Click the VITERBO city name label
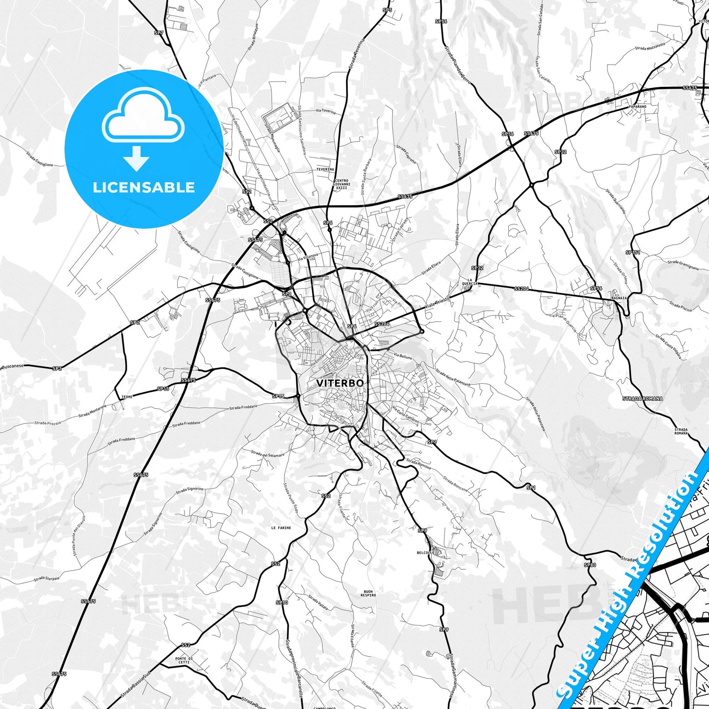[340, 383]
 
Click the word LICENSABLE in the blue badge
[144, 187]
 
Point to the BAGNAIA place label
[619, 298]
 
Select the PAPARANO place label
[637, 106]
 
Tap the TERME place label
[127, 396]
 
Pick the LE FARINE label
[281, 528]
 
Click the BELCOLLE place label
[425, 552]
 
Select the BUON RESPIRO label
[368, 593]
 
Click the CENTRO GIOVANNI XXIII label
[342, 184]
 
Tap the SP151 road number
[633, 252]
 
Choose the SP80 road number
[590, 565]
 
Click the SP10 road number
[282, 603]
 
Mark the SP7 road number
[158, 33]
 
